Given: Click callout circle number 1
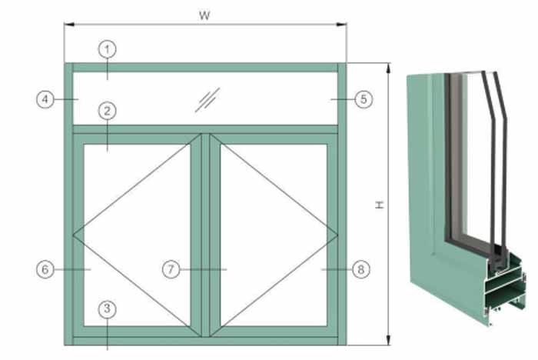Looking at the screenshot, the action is click(108, 49).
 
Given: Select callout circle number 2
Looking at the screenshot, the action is click(108, 111).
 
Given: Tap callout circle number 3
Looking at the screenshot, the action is click(108, 308).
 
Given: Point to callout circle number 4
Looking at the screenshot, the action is click(45, 99).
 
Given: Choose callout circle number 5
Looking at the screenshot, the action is click(364, 99).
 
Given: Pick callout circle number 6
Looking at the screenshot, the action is click(45, 269).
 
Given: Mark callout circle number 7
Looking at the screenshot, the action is click(171, 269).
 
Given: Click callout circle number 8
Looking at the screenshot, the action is click(361, 269).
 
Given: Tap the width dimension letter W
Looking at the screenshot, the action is click(204, 15).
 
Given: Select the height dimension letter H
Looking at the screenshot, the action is click(380, 205).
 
